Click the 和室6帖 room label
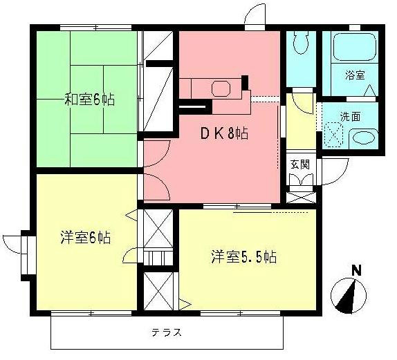tap(90, 100)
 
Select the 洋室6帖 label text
tap(85, 238)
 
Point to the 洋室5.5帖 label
tap(243, 257)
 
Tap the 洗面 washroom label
tap(350, 116)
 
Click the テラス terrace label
tap(167, 332)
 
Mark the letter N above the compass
tap(356, 270)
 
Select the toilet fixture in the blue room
tap(300, 46)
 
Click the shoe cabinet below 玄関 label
tap(300, 196)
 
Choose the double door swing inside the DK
tap(153, 182)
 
